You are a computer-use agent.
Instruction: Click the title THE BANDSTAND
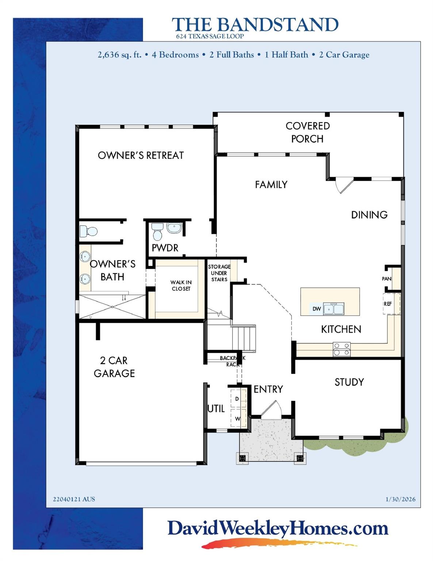pyautogui.click(x=255, y=25)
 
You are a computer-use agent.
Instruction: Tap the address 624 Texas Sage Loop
pyautogui.click(x=210, y=36)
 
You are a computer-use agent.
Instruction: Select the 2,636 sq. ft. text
pyautogui.click(x=119, y=55)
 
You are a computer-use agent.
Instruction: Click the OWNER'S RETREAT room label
pyautogui.click(x=141, y=155)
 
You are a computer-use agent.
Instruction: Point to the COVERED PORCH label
pyautogui.click(x=307, y=132)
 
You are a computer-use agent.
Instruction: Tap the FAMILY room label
pyautogui.click(x=271, y=184)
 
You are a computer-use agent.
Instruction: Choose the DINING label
pyautogui.click(x=369, y=215)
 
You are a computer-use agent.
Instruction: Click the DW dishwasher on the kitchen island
pyautogui.click(x=317, y=309)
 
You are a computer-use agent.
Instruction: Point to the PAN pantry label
pyautogui.click(x=387, y=279)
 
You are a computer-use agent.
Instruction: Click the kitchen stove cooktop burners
pyautogui.click(x=341, y=349)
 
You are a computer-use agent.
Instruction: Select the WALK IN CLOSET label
pyautogui.click(x=181, y=286)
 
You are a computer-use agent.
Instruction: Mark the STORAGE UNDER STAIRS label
pyautogui.click(x=219, y=273)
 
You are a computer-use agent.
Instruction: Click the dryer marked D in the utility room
pyautogui.click(x=237, y=399)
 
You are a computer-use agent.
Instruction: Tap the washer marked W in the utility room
pyautogui.click(x=237, y=419)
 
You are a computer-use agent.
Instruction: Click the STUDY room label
pyautogui.click(x=349, y=382)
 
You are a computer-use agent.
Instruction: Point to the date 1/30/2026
pyautogui.click(x=400, y=499)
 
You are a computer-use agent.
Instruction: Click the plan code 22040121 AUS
pyautogui.click(x=74, y=499)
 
